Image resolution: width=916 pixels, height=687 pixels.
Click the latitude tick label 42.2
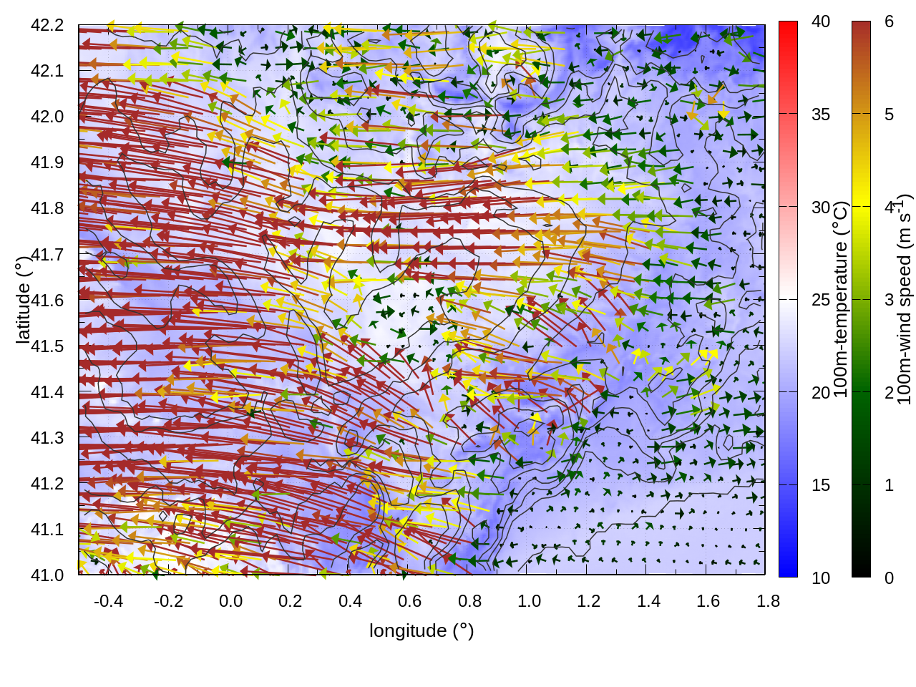47,25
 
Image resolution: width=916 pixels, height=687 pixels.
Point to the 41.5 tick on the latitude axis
47,346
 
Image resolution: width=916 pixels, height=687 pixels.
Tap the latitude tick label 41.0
47,575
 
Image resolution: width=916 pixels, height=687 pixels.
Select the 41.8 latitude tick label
47,208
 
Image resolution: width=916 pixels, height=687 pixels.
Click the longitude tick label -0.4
109,601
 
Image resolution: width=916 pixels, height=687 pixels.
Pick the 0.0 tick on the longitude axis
230,601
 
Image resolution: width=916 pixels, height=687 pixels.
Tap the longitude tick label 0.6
410,601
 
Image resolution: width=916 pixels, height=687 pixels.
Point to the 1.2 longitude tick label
589,601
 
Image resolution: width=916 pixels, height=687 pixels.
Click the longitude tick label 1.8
769,601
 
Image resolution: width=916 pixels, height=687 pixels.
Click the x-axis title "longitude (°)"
422,630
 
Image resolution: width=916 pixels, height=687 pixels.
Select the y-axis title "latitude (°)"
23,300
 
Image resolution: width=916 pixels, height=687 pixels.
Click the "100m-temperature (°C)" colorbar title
841,299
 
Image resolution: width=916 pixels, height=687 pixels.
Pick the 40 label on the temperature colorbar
821,21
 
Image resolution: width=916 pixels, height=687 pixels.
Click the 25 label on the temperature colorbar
821,299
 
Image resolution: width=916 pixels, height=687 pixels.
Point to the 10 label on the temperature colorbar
821,578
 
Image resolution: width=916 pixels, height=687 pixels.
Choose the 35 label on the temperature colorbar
821,114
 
